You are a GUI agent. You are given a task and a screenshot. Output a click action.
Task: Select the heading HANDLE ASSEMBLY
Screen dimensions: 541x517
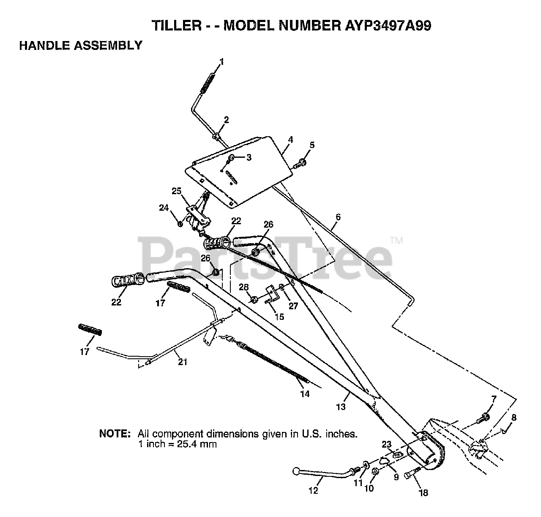[81, 46]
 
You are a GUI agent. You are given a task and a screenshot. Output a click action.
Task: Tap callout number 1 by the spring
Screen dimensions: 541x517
[221, 62]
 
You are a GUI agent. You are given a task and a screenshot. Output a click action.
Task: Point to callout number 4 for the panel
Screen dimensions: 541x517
[290, 139]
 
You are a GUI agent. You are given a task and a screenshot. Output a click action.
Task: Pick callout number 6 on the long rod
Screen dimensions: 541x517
[337, 217]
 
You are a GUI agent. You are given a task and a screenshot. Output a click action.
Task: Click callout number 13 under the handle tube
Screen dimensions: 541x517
[341, 407]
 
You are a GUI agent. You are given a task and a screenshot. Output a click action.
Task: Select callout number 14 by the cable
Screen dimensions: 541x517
[305, 394]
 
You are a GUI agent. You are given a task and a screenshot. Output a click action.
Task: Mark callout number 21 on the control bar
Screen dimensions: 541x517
[183, 362]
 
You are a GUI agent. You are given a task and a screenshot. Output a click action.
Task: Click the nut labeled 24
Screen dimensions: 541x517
[180, 223]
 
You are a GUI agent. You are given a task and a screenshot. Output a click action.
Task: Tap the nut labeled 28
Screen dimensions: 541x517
[254, 300]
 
